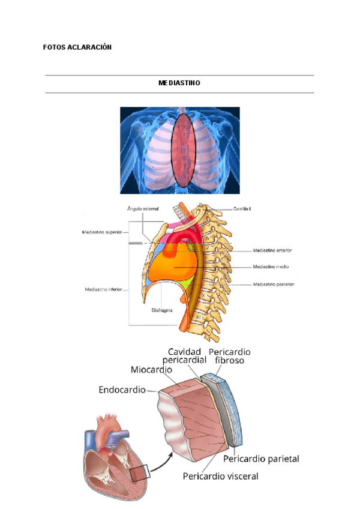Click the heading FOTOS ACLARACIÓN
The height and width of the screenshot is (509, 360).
click(x=77, y=47)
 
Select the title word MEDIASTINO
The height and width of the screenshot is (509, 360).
click(x=179, y=84)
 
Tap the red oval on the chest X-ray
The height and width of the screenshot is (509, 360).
click(x=182, y=150)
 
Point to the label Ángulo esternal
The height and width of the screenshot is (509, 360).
click(x=143, y=209)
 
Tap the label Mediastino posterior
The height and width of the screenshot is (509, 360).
click(x=273, y=284)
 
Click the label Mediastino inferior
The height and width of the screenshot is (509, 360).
click(x=103, y=289)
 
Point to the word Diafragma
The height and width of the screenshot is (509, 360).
click(x=163, y=312)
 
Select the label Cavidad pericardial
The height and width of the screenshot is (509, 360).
click(x=188, y=355)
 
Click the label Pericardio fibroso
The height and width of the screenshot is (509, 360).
click(x=229, y=355)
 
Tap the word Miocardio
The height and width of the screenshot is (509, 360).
click(x=152, y=370)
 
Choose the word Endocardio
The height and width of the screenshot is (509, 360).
click(x=122, y=390)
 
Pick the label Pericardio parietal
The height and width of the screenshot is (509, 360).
click(x=260, y=459)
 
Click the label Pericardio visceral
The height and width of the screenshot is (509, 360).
click(x=220, y=476)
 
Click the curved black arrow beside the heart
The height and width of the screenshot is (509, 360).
click(x=160, y=462)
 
